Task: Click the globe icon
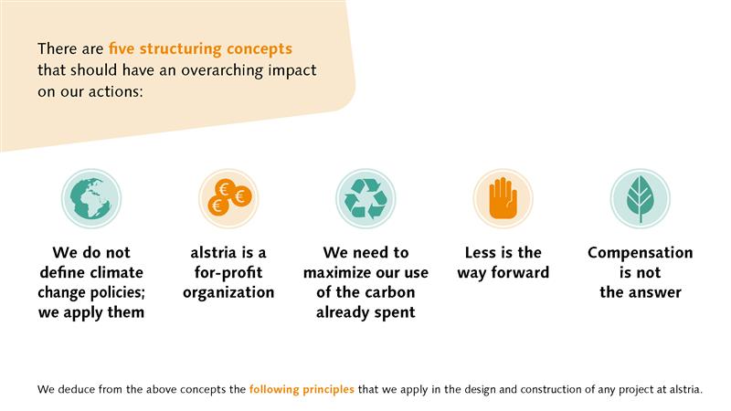pyautogui.click(x=91, y=198)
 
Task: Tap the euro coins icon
pyautogui.click(x=228, y=198)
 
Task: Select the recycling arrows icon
pyautogui.click(x=366, y=198)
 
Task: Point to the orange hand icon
pyautogui.click(x=503, y=198)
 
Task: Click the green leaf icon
pyautogui.click(x=641, y=198)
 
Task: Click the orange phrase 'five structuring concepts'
pyautogui.click(x=200, y=49)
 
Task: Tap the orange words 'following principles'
pyautogui.click(x=302, y=389)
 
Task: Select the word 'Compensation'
pyautogui.click(x=641, y=253)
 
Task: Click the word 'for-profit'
pyautogui.click(x=228, y=272)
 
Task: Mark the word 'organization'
pyautogui.click(x=228, y=293)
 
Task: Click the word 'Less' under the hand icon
pyautogui.click(x=481, y=253)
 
